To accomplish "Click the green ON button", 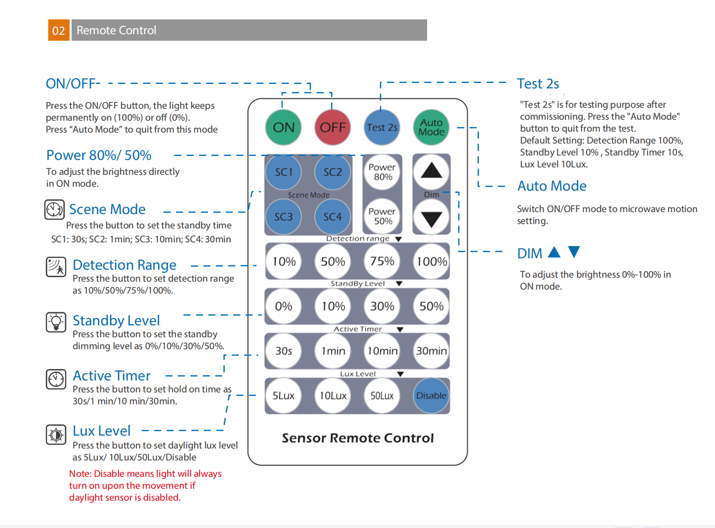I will pyautogui.click(x=283, y=127).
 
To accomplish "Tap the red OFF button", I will pyautogui.click(x=332, y=127).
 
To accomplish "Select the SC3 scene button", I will pyautogui.click(x=283, y=217).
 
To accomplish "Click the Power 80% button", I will pyautogui.click(x=382, y=172).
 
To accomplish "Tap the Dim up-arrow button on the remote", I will pyautogui.click(x=431, y=171).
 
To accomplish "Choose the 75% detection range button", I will pyautogui.click(x=382, y=261).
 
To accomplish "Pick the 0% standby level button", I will pyautogui.click(x=283, y=306).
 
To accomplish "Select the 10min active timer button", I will pyautogui.click(x=382, y=351).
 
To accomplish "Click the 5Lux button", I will pyautogui.click(x=283, y=395).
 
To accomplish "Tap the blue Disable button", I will pyautogui.click(x=431, y=395).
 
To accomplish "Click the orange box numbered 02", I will pyautogui.click(x=59, y=30).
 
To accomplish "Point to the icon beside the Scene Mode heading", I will pyautogui.click(x=54, y=210).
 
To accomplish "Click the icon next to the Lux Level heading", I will pyautogui.click(x=56, y=435).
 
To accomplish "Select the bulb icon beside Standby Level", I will pyautogui.click(x=56, y=322).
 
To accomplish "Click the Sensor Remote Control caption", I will pyautogui.click(x=357, y=438).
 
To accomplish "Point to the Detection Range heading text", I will pyautogui.click(x=124, y=265).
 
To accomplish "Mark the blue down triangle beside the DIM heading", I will pyautogui.click(x=574, y=252).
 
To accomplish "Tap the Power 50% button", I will pyautogui.click(x=382, y=216).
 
